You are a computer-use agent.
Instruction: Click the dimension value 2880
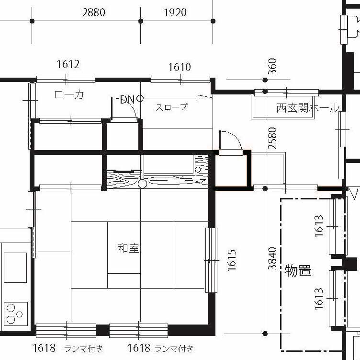[x=94, y=12]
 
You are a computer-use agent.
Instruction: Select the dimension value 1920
[x=175, y=12]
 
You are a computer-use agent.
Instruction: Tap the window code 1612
[x=68, y=64]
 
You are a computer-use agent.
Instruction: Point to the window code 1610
[x=180, y=67]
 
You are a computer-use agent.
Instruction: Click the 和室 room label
[x=128, y=248]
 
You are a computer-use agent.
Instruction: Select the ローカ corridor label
[x=69, y=94]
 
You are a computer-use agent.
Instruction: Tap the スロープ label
[x=172, y=107]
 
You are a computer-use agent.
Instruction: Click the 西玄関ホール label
[x=308, y=108]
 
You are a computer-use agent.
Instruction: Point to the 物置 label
[x=298, y=270]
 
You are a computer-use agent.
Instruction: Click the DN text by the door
[x=127, y=100]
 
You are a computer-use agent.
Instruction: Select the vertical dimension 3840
[x=272, y=258]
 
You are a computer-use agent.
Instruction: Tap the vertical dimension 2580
[x=272, y=139]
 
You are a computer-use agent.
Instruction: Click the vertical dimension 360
[x=272, y=67]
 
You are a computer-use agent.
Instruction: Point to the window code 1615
[x=232, y=260]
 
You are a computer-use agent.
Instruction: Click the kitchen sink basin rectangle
[x=15, y=267]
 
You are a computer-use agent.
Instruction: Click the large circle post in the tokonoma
[x=142, y=184]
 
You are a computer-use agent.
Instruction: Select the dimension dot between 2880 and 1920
[x=141, y=21]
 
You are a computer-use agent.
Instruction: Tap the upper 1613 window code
[x=319, y=226]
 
